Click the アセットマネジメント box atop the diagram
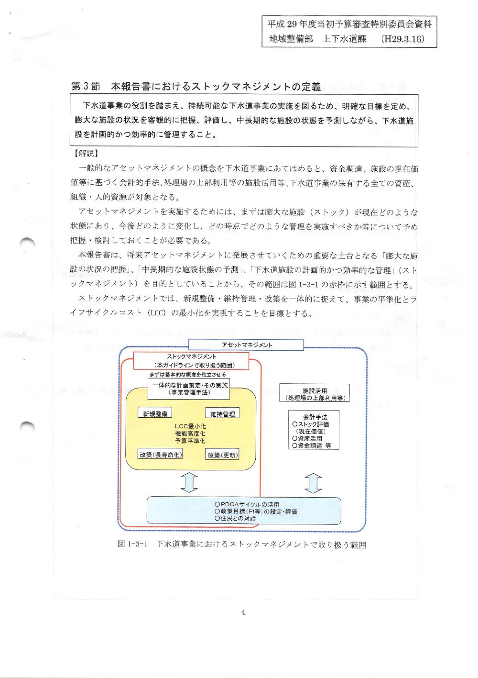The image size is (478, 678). [247, 345]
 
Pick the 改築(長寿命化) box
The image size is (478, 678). [161, 454]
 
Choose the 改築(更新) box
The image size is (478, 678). [223, 455]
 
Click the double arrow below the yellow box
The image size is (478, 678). [190, 482]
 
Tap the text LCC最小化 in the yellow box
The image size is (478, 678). [190, 426]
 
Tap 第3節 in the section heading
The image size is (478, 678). [86, 87]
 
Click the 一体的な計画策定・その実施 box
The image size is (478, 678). [190, 388]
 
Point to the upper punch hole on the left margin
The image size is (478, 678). [28, 244]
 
